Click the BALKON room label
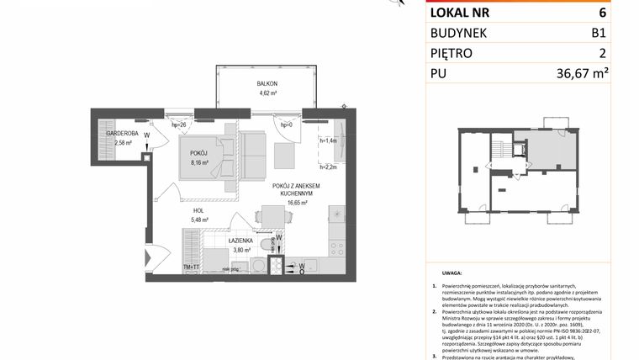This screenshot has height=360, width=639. (267, 84)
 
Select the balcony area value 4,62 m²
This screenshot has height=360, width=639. (267, 94)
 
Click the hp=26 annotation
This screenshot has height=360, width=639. (179, 124)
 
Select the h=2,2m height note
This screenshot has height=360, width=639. (328, 167)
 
